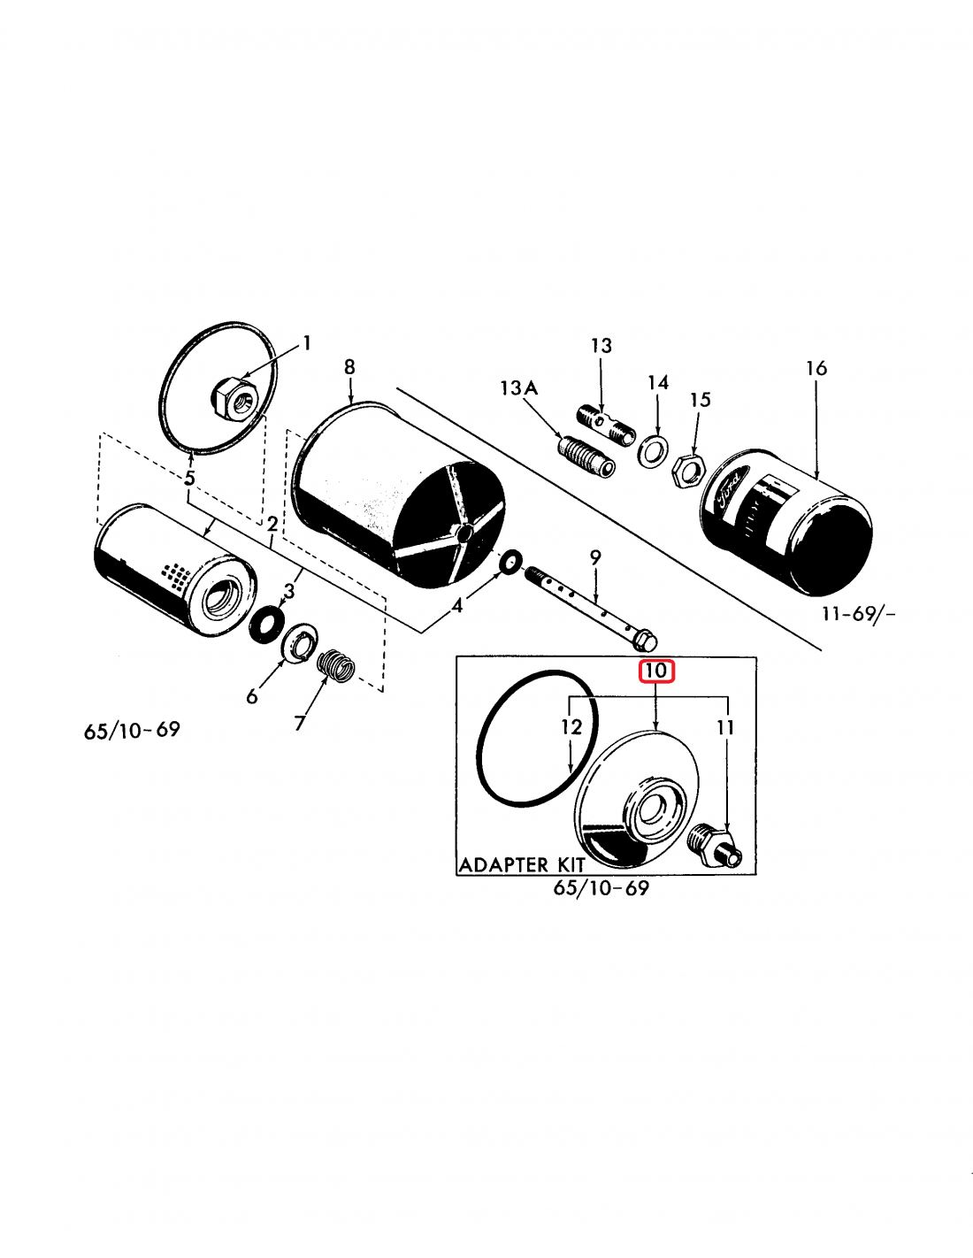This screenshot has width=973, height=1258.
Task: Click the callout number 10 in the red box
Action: pyautogui.click(x=656, y=671)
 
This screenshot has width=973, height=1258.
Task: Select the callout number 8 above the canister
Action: pyautogui.click(x=349, y=367)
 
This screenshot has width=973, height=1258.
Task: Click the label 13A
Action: pyautogui.click(x=518, y=388)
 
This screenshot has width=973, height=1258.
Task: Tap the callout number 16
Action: pyautogui.click(x=816, y=368)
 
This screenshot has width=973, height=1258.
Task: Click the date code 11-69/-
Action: pyautogui.click(x=857, y=613)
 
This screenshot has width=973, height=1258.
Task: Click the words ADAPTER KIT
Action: pyautogui.click(x=522, y=864)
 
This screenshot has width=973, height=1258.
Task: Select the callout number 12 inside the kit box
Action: pyautogui.click(x=571, y=727)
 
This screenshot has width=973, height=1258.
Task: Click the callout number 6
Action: pyautogui.click(x=252, y=697)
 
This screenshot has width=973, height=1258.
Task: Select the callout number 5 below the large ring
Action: pyautogui.click(x=189, y=479)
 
